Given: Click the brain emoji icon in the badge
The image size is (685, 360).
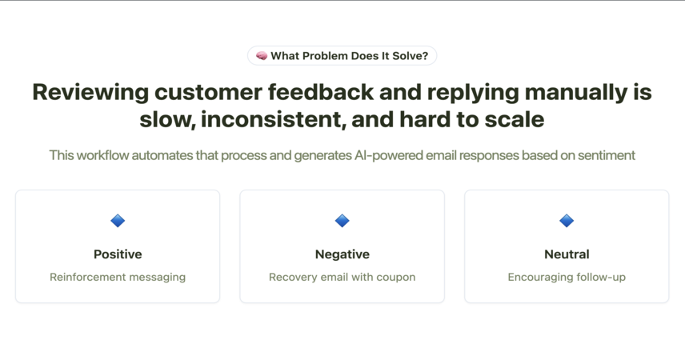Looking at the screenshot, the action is [x=262, y=56].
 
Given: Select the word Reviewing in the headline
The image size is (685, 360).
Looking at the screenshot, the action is [x=90, y=93].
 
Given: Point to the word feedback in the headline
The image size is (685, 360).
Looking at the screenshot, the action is [x=321, y=92].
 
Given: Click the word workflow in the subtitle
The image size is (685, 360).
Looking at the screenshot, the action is [x=102, y=155].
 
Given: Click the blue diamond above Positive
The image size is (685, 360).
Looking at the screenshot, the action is [x=118, y=221].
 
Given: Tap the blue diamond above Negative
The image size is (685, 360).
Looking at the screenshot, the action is [x=342, y=221].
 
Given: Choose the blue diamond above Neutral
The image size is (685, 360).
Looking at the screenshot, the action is [x=567, y=221].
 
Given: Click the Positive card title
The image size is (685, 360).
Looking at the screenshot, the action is [x=118, y=254].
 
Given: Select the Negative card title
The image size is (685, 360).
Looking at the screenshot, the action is [x=342, y=254].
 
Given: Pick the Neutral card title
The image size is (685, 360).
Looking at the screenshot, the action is [x=567, y=254].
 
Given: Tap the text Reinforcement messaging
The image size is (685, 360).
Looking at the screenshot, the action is [x=118, y=278].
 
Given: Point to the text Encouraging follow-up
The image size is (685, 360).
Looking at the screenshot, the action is [x=567, y=278].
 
